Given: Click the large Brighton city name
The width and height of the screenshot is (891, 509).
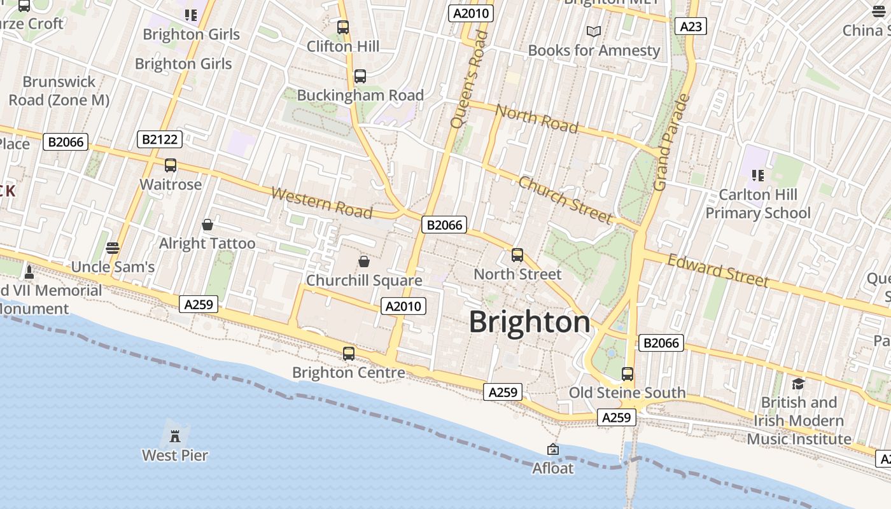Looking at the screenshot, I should [x=530, y=322].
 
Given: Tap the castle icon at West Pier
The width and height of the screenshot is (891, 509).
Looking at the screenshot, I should [x=175, y=436].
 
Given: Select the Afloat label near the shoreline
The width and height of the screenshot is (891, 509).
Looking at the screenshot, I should [x=553, y=468].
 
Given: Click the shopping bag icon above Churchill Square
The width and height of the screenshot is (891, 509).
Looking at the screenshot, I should [x=364, y=261].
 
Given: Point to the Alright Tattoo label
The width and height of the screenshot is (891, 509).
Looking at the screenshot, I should [x=207, y=244].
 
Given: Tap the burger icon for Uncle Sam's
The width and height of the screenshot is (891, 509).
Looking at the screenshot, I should [x=113, y=248].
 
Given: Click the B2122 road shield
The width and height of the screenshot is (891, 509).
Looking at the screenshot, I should [x=160, y=139].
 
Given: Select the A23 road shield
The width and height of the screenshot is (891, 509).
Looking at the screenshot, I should [x=691, y=26].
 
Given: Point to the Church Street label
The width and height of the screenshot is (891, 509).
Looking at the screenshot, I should [x=565, y=200].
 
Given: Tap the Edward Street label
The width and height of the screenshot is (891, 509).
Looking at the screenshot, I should [x=718, y=270].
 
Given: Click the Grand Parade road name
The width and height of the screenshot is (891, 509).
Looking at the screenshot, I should [x=671, y=143].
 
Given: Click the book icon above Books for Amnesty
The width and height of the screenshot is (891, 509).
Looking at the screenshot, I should [x=594, y=31].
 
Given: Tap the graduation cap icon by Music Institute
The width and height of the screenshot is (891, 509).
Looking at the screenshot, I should [x=798, y=384].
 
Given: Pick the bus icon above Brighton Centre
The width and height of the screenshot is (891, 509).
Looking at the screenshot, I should [x=349, y=354].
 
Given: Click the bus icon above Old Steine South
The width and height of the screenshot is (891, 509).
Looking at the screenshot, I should [x=628, y=374].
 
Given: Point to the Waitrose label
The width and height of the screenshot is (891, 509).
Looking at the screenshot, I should [x=171, y=185].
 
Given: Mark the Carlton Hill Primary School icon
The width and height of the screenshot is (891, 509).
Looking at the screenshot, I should [x=757, y=175].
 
